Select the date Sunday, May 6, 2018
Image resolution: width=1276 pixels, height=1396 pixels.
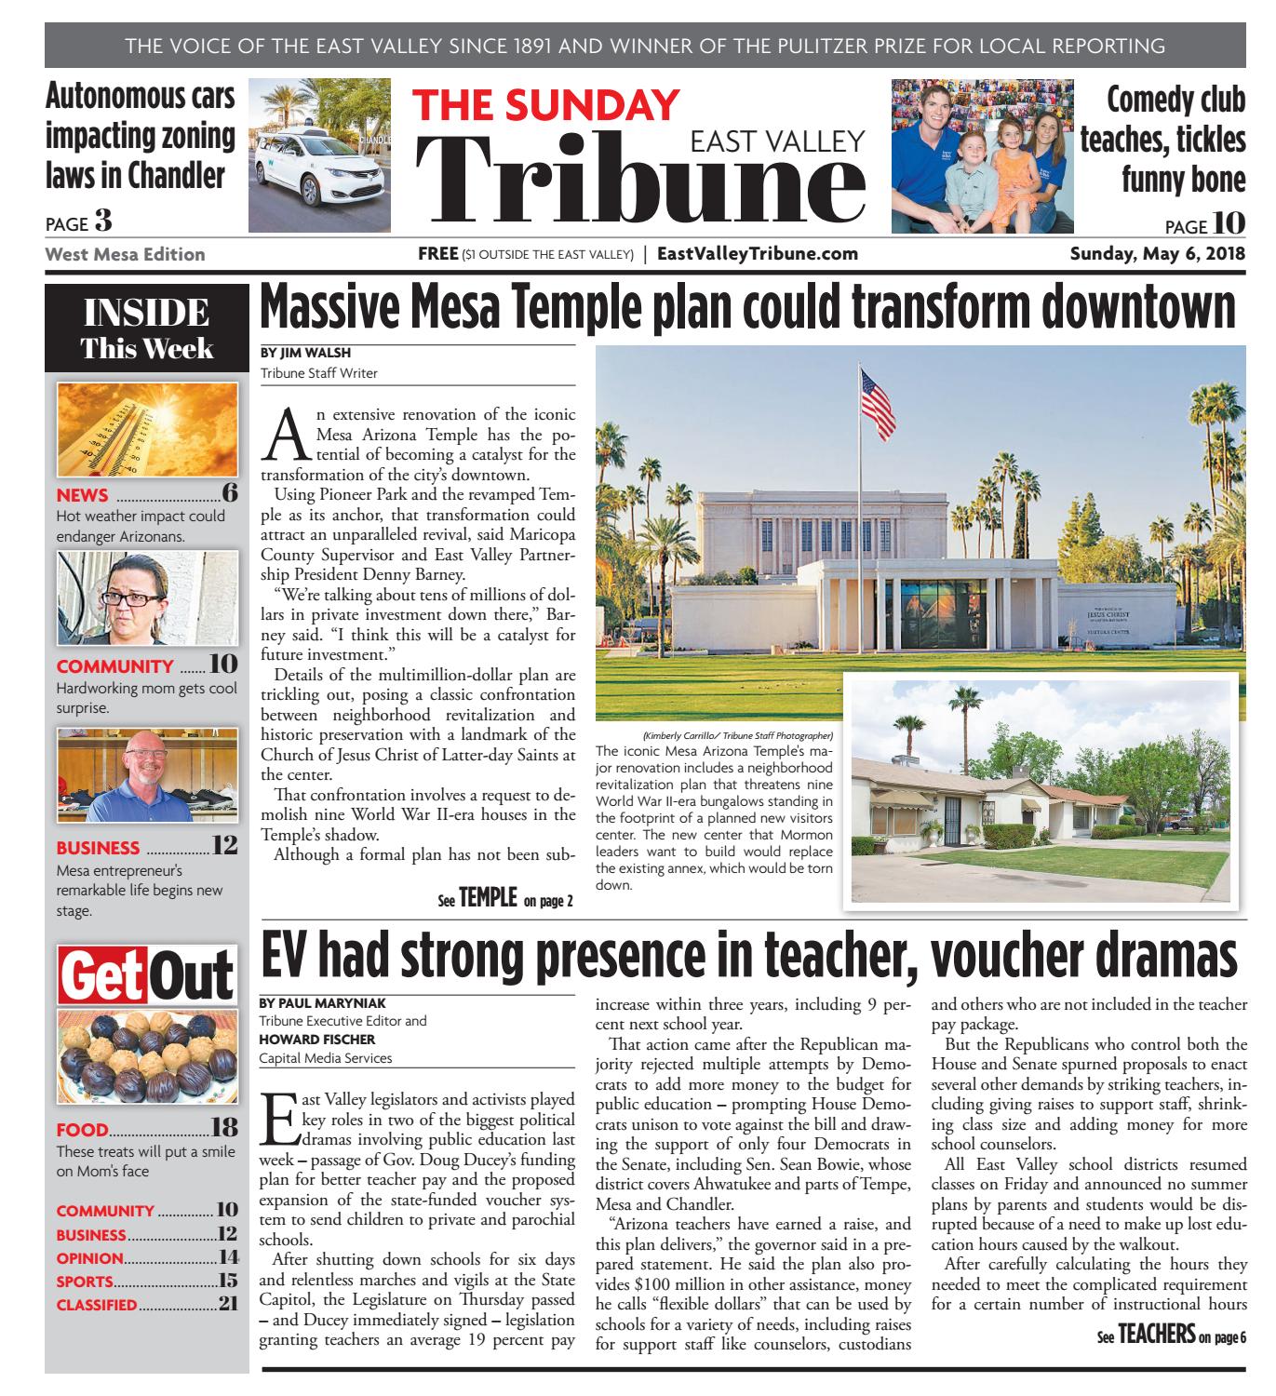(x=1157, y=254)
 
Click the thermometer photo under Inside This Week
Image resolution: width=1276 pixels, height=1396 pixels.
(x=147, y=429)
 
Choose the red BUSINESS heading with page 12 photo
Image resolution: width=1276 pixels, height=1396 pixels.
(x=99, y=848)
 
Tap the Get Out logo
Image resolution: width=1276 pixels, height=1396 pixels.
(x=147, y=974)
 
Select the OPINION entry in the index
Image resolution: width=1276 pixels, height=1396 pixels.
(x=90, y=1258)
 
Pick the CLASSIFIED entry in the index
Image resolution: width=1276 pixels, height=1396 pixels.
(x=97, y=1305)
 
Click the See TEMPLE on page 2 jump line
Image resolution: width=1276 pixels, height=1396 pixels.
(x=504, y=899)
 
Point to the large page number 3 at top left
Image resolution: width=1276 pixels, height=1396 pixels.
(x=102, y=221)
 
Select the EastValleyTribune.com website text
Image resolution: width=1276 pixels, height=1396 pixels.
(x=757, y=254)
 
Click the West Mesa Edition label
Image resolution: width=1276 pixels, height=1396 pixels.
(x=125, y=254)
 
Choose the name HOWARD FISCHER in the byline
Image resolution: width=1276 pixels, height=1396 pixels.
(x=317, y=1039)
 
